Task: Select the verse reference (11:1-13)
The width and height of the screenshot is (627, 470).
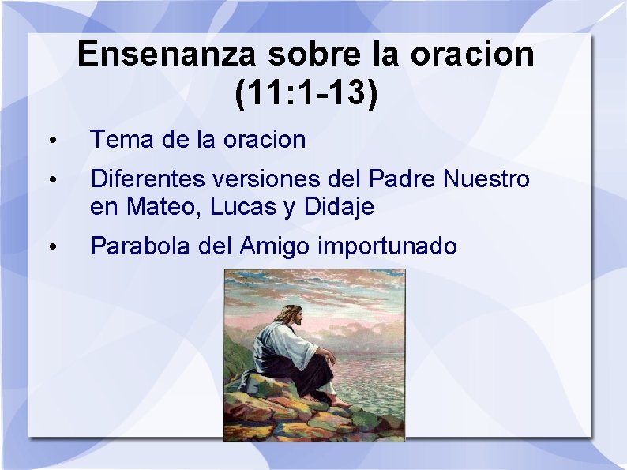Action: click(x=306, y=92)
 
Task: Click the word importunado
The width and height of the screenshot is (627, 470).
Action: click(x=387, y=246)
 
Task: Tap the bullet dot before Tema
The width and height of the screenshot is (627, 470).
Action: click(x=51, y=141)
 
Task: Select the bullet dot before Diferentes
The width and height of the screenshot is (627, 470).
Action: click(x=51, y=181)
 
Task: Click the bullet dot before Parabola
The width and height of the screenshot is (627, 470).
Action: click(x=51, y=248)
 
